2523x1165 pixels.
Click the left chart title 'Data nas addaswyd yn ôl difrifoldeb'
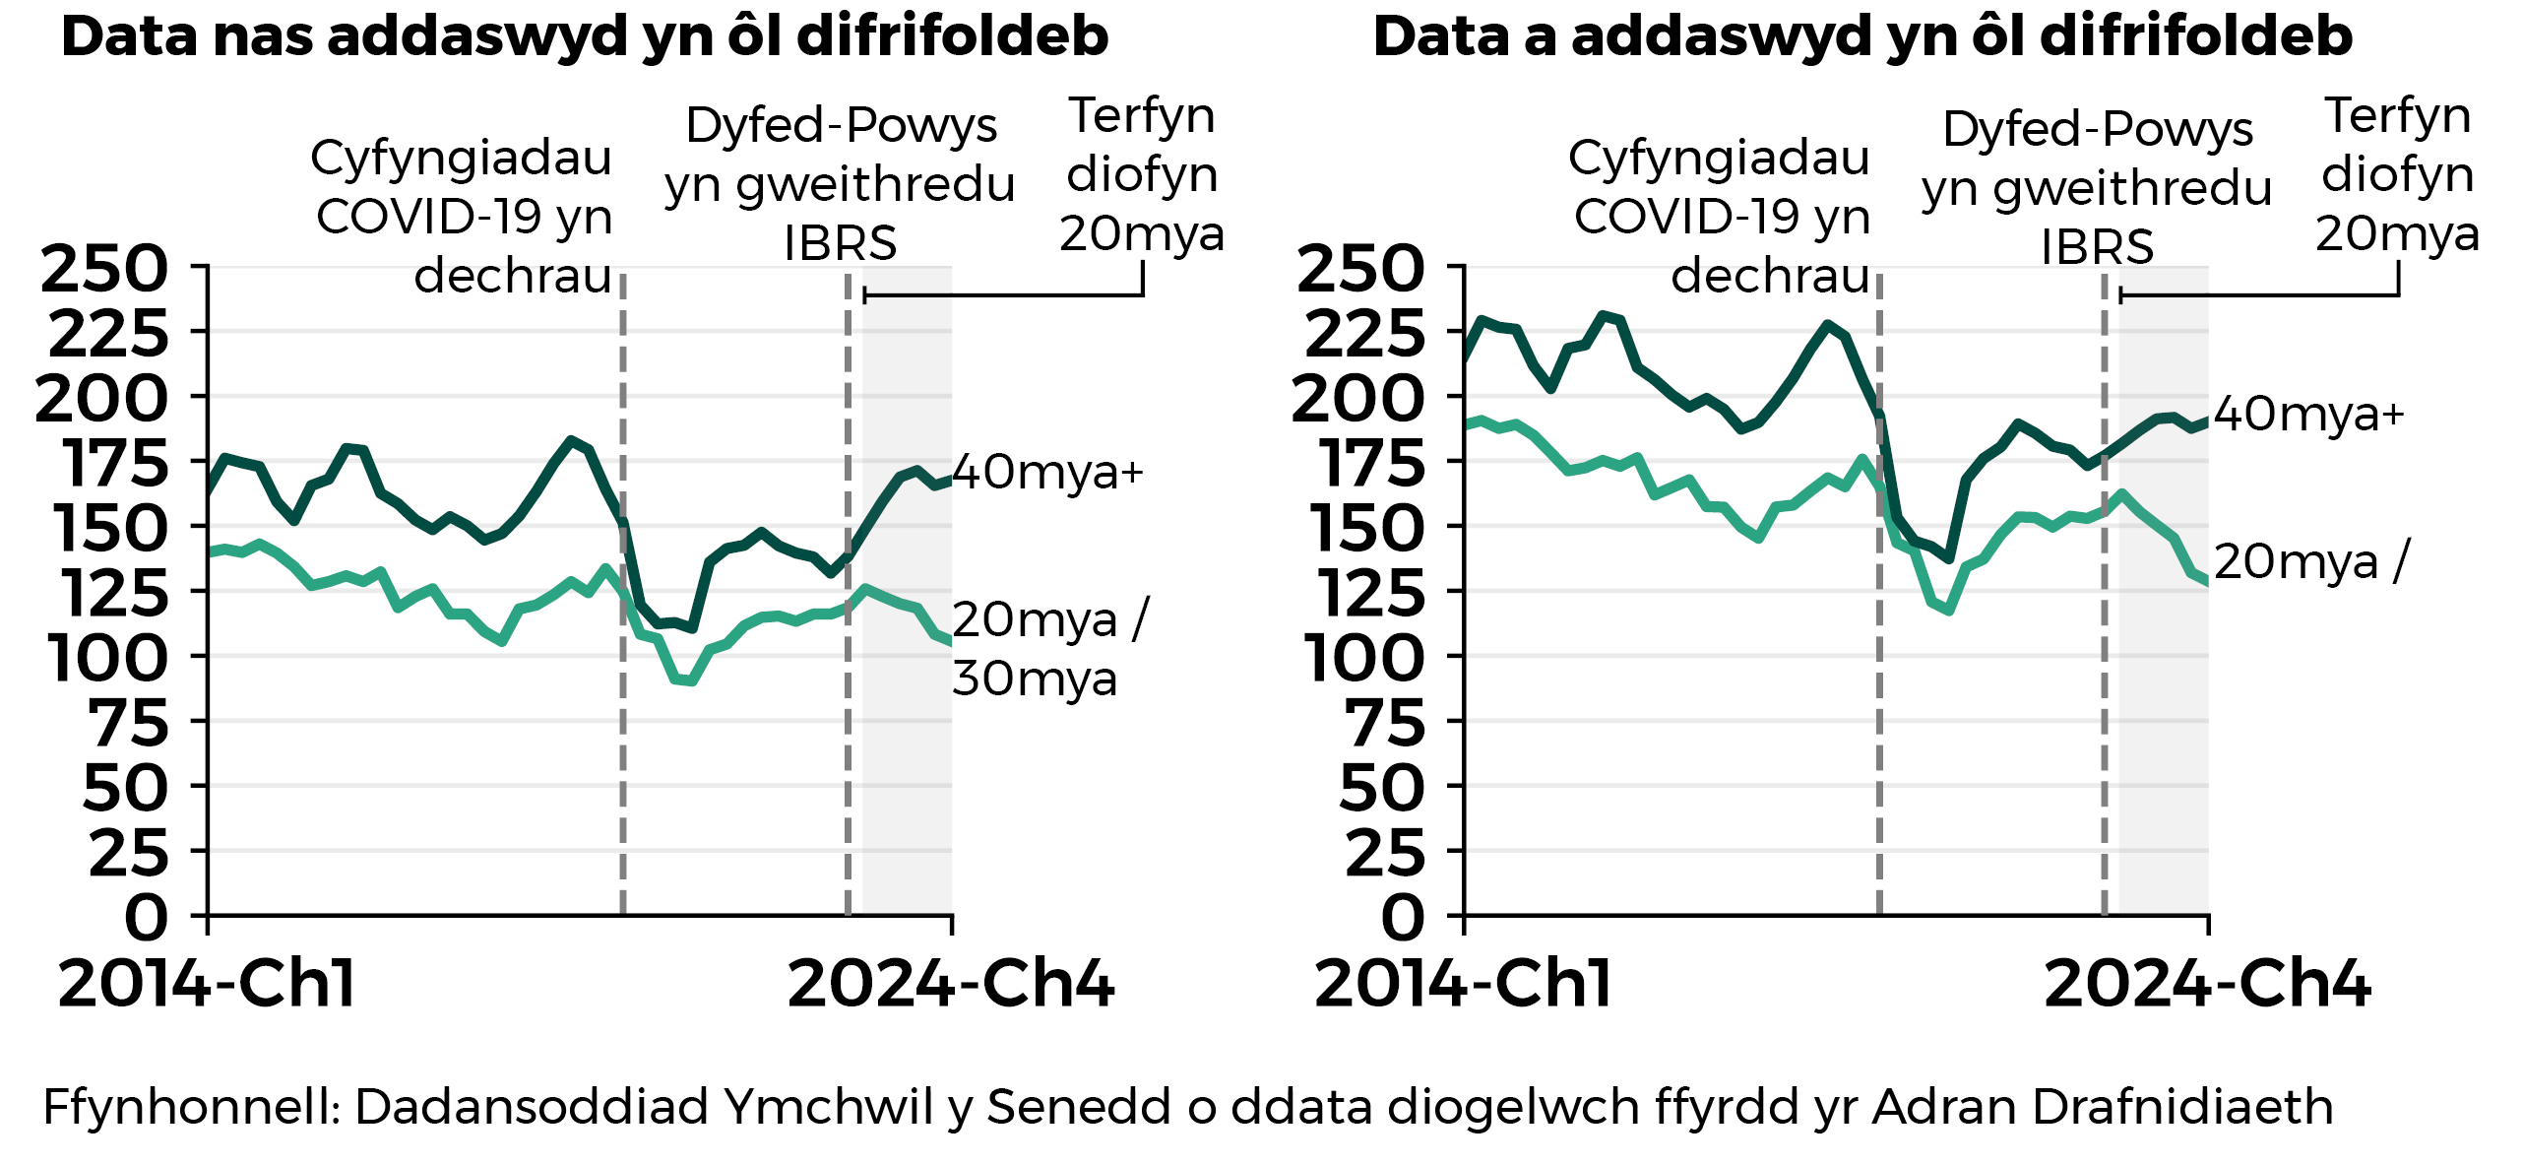[585, 37]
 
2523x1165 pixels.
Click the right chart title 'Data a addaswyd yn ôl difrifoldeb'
[1862, 37]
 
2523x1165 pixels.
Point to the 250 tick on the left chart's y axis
[104, 269]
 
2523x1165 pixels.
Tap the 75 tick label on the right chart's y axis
[1383, 724]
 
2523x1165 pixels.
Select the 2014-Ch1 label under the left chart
[207, 984]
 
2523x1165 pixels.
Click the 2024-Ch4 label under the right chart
[2207, 984]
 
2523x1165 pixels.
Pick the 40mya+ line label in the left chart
[1047, 472]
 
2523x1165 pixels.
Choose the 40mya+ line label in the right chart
[2308, 415]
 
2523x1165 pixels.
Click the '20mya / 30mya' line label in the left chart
[1049, 649]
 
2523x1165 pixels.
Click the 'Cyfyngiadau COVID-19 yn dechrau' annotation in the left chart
[463, 216]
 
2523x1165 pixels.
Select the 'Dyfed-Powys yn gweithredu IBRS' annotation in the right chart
[2097, 187]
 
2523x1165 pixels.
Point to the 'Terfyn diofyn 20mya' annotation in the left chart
[1142, 174]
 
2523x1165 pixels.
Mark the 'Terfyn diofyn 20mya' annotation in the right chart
[2398, 174]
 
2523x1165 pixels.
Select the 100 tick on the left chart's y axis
[108, 659]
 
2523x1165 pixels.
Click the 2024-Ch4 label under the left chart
[951, 984]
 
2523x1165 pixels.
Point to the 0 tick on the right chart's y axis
[1402, 918]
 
